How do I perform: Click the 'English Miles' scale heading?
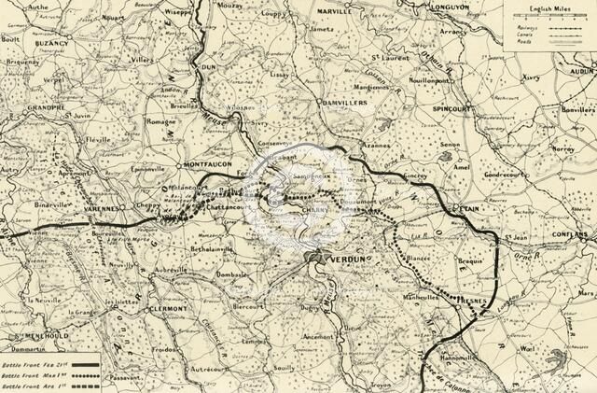[x=548, y=7]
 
